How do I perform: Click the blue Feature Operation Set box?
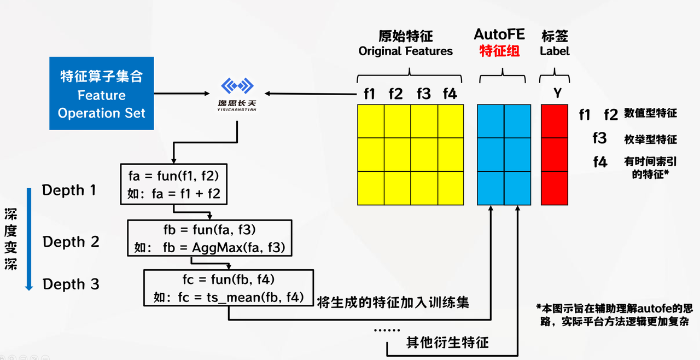(x=102, y=94)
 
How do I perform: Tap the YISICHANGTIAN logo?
(x=237, y=94)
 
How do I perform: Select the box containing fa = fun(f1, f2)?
(x=173, y=184)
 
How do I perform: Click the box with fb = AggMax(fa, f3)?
(x=209, y=238)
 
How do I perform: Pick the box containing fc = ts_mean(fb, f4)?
(x=229, y=287)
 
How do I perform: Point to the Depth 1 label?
(x=69, y=190)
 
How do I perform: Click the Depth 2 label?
(x=71, y=242)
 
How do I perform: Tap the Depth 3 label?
(x=71, y=284)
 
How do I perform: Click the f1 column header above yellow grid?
(x=370, y=94)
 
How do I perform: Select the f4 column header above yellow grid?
(x=450, y=94)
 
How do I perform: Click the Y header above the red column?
(x=557, y=94)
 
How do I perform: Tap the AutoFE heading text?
(x=499, y=35)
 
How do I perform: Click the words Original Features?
(x=406, y=51)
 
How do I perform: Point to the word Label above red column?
(x=555, y=51)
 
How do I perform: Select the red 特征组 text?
(x=499, y=51)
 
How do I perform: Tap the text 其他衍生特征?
(x=447, y=343)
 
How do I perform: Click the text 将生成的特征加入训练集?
(x=393, y=302)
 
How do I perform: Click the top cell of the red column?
(x=555, y=121)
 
